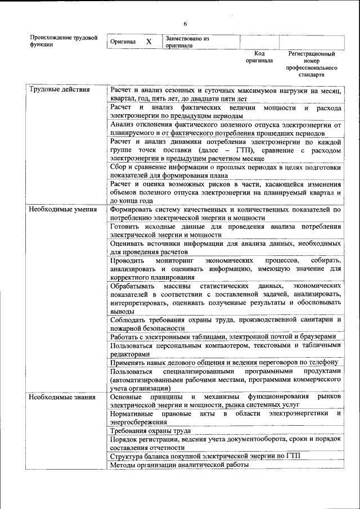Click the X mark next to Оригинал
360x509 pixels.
tap(148, 42)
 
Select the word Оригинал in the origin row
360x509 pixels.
tap(123, 42)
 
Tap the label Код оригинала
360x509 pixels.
tap(259, 57)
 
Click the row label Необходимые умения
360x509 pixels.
tap(60, 209)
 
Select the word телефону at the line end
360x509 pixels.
tap(320, 362)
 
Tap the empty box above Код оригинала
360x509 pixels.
tap(259, 42)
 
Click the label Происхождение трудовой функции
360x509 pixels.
tap(64, 42)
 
